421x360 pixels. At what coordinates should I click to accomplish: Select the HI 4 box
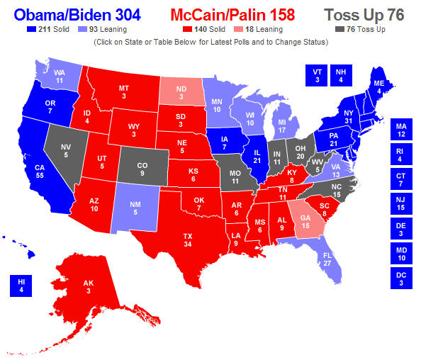click(x=21, y=286)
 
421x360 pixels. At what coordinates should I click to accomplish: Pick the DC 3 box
click(x=400, y=279)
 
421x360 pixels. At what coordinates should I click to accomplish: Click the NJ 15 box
click(x=400, y=204)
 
